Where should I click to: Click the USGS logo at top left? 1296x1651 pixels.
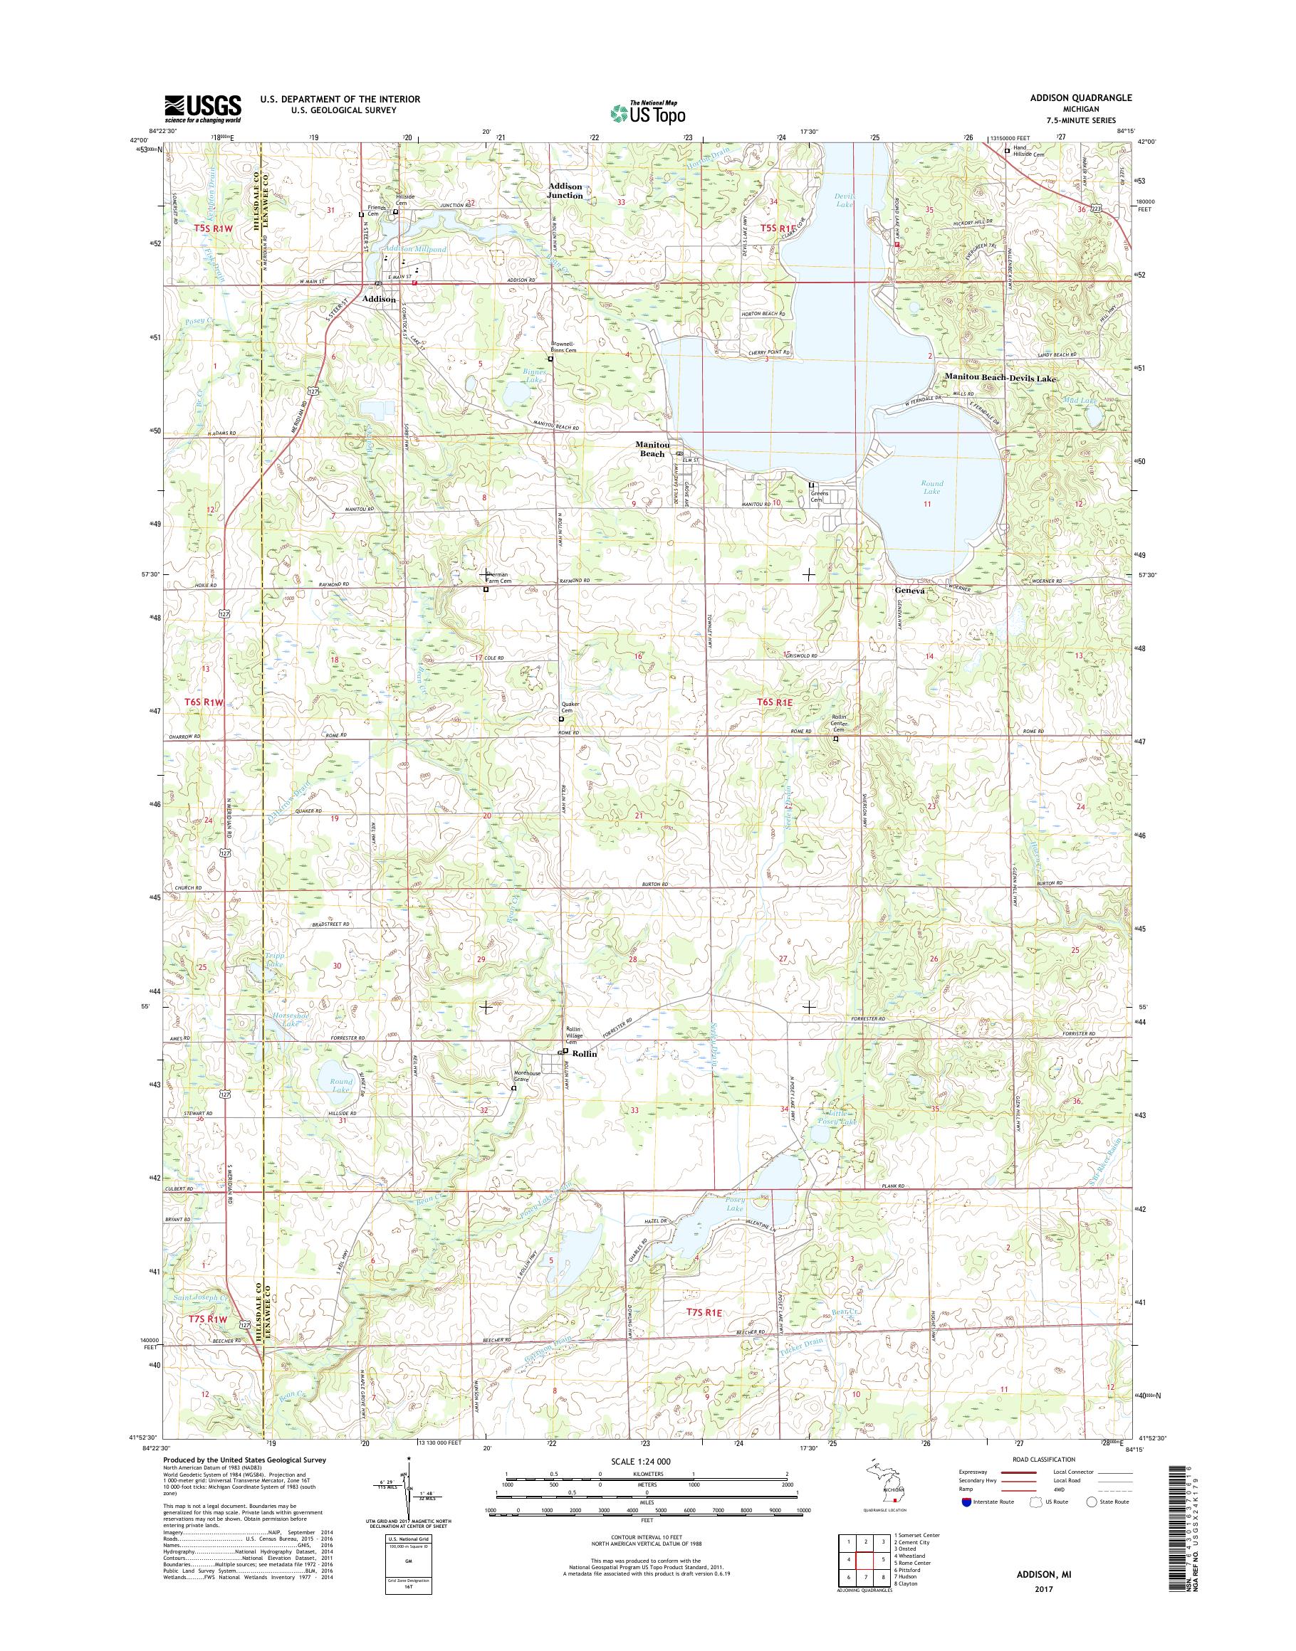[203, 109]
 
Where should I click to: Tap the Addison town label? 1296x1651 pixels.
[379, 299]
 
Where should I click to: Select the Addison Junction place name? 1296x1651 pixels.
[566, 190]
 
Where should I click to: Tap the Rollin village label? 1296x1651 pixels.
[585, 1054]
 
